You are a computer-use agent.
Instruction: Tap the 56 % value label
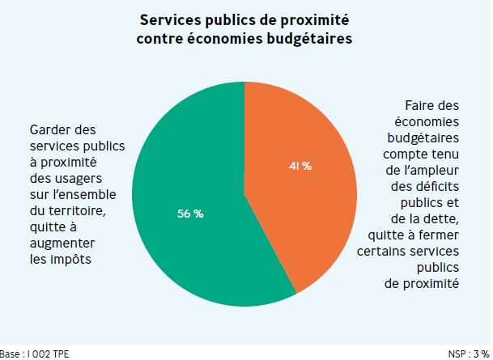tap(190, 214)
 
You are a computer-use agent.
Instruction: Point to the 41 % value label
tap(300, 166)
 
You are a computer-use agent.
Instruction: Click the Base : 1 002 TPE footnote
tap(33, 354)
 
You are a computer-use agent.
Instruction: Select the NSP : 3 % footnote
tap(469, 354)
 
